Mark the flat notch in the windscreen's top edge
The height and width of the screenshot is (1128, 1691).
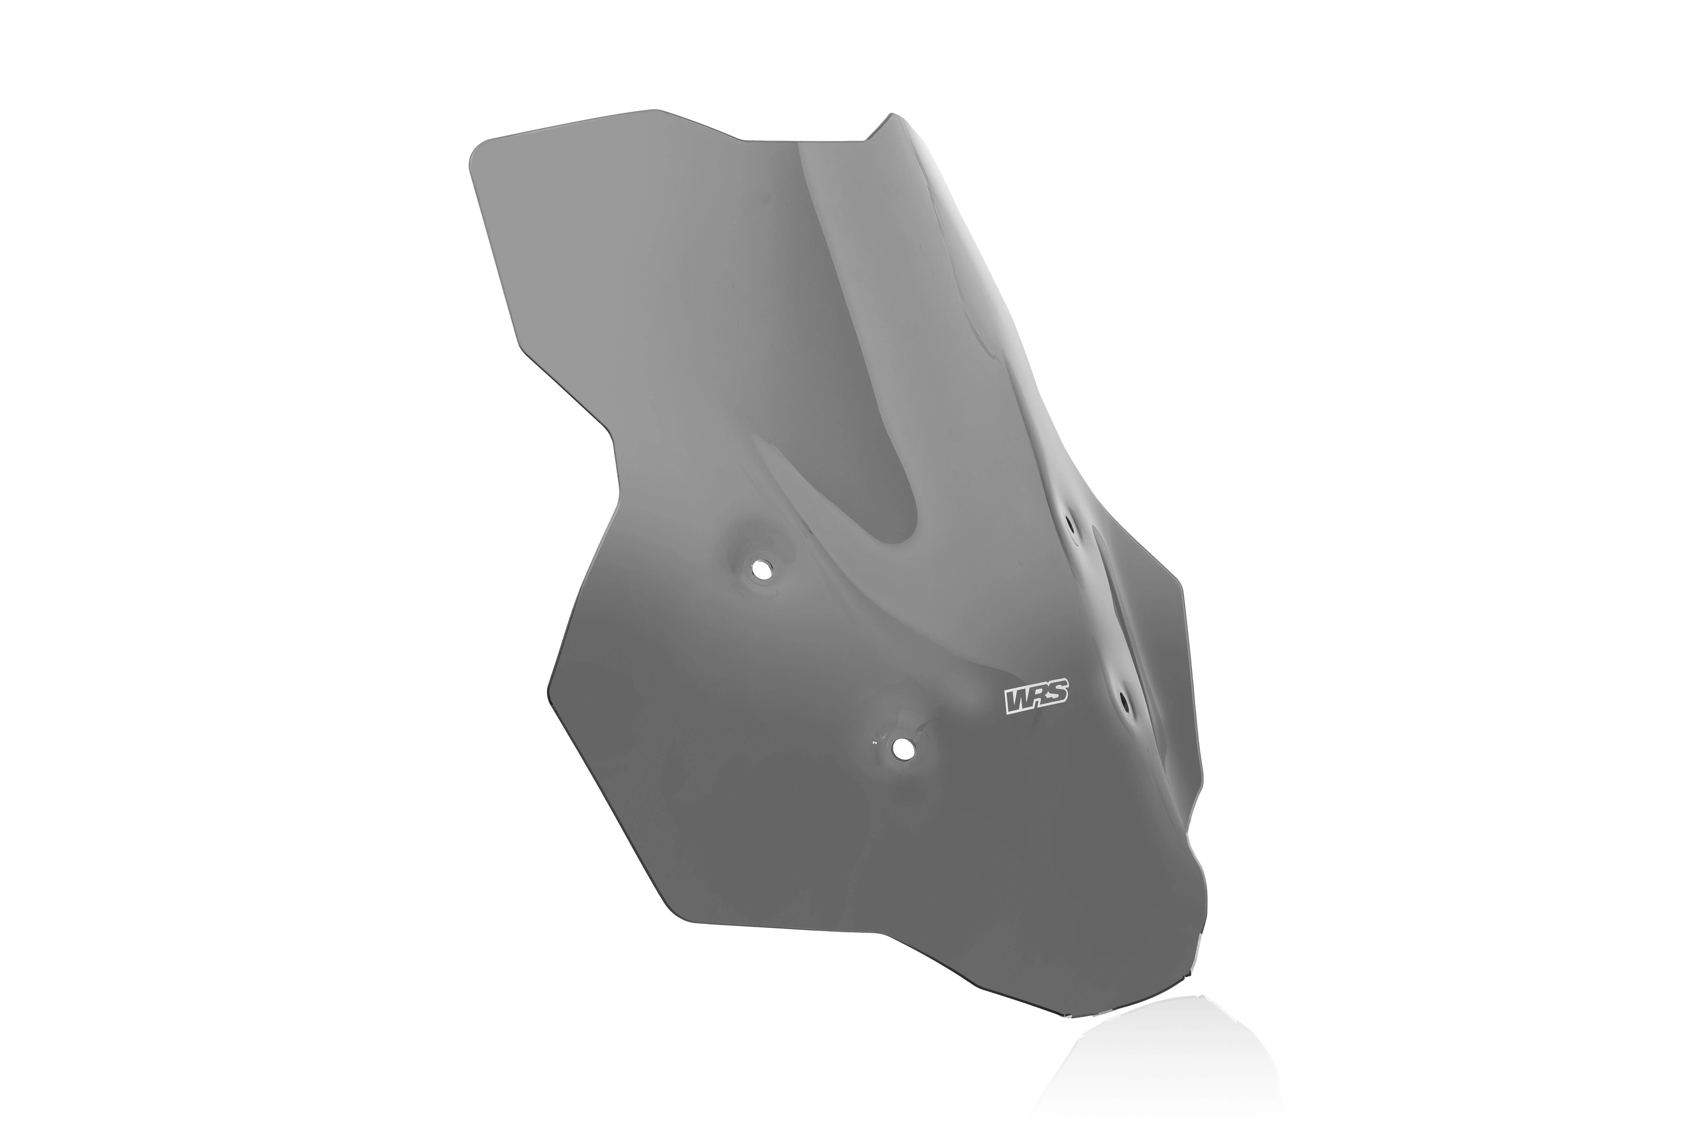click(x=802, y=140)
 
